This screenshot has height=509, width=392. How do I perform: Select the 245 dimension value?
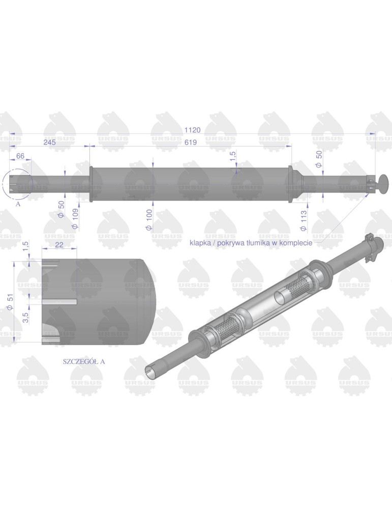[49, 143]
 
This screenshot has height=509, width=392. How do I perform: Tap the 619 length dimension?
[190, 143]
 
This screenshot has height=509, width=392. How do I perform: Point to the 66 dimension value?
[21, 155]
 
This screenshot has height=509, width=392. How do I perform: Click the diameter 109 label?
[76, 218]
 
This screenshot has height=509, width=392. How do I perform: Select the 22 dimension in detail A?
[59, 245]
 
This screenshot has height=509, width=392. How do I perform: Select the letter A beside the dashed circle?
[18, 203]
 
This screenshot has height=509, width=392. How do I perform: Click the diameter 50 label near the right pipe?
[319, 159]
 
